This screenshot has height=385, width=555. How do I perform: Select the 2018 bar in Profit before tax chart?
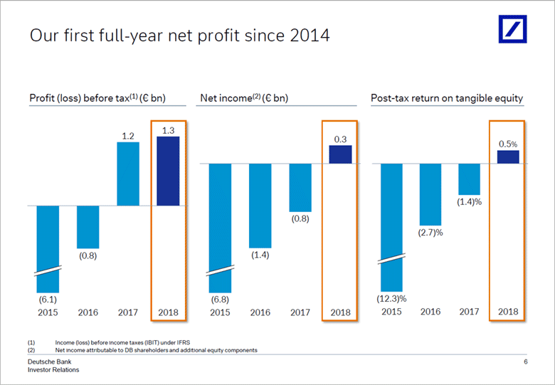click(168, 171)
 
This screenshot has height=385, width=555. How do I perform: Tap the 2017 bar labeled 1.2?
click(128, 174)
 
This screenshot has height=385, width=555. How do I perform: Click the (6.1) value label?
click(48, 300)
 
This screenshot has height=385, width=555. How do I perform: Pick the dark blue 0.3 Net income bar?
click(340, 154)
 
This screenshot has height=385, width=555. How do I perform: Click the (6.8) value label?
click(221, 300)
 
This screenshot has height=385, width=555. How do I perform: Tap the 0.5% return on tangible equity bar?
click(508, 157)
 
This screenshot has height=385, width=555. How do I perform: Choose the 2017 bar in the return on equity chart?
click(469, 179)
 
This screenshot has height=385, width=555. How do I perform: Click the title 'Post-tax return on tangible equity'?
click(447, 98)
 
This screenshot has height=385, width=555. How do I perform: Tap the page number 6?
click(525, 363)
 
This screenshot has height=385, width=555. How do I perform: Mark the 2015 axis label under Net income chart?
click(221, 312)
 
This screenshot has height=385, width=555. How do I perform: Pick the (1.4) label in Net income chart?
click(260, 254)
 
